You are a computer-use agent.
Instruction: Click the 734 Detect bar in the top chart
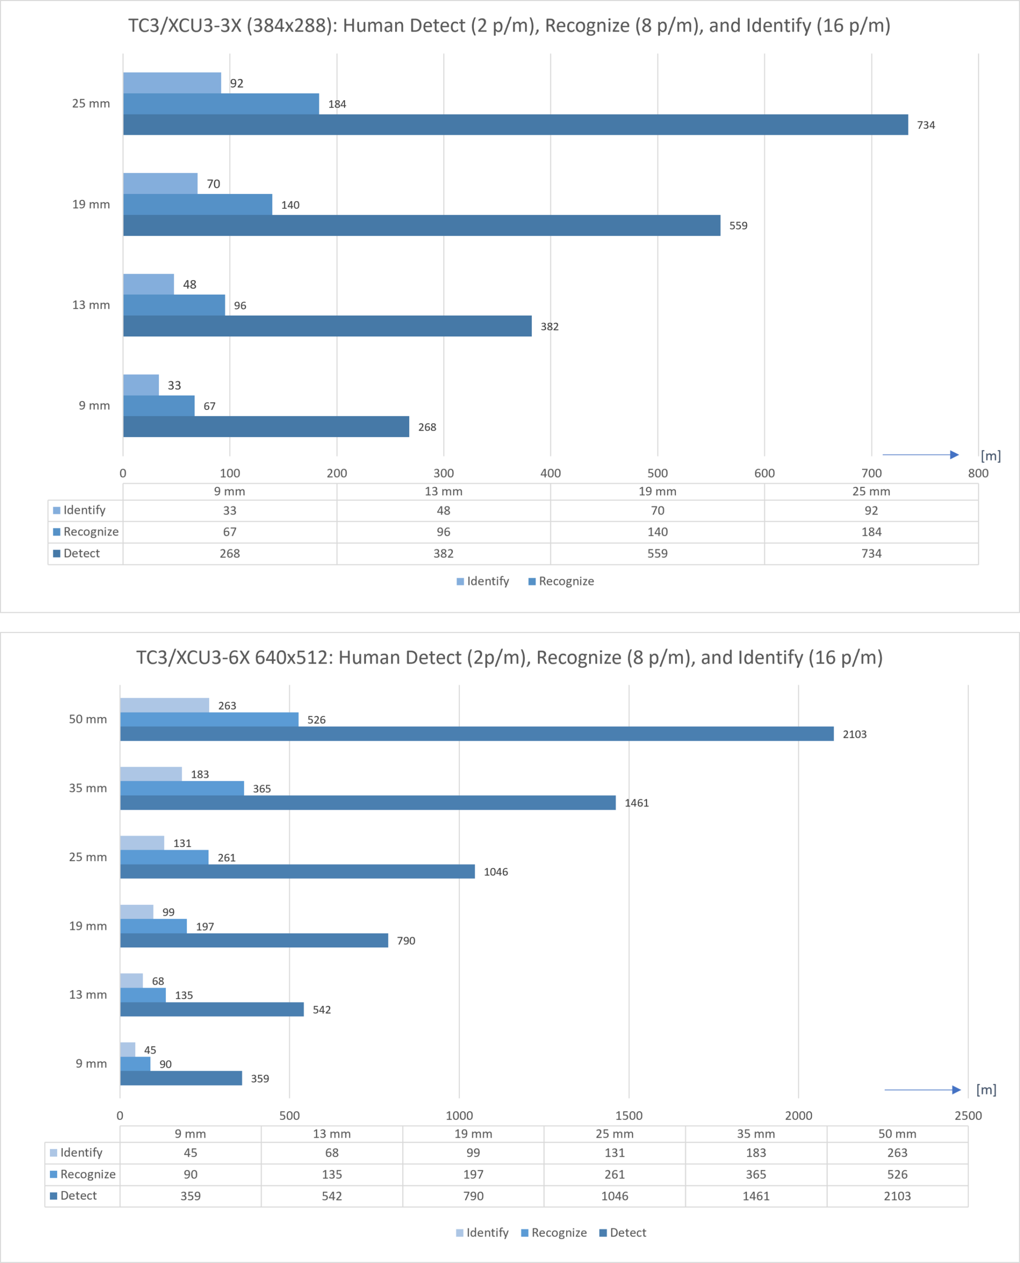pos(515,124)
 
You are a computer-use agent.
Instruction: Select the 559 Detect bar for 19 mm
pos(422,225)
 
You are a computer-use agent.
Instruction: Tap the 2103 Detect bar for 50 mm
pos(477,734)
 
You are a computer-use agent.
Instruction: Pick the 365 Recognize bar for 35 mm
pos(182,788)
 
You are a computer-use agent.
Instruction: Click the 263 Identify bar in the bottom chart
pos(164,705)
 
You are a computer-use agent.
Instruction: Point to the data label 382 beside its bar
pos(549,327)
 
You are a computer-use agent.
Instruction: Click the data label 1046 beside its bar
pos(496,872)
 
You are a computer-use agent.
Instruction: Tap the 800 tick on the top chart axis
pos(978,473)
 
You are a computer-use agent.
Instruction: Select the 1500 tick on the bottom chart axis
pos(629,1115)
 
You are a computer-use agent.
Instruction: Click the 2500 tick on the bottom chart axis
pos(968,1115)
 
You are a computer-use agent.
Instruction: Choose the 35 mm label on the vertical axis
pos(88,788)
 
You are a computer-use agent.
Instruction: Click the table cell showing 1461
pos(756,1196)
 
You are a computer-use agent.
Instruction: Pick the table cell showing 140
pos(657,532)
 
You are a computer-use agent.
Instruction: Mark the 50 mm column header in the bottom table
pos(897,1134)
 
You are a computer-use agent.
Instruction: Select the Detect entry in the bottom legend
pos(623,1232)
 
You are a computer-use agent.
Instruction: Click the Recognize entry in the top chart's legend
pos(561,581)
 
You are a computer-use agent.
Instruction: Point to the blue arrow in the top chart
pos(921,455)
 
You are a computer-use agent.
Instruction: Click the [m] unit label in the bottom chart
pos(986,1090)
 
